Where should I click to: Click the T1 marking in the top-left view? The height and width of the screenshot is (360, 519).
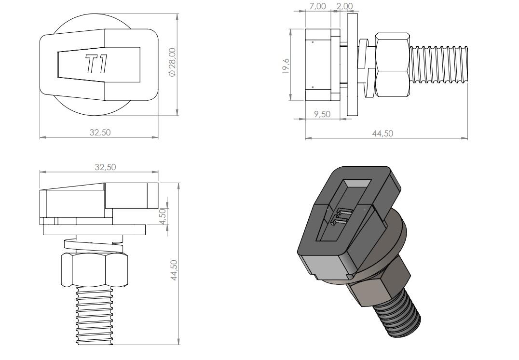point(97,65)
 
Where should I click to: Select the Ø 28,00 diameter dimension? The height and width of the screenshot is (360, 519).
point(173,62)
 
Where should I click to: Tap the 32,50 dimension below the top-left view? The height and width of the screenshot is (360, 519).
point(100,133)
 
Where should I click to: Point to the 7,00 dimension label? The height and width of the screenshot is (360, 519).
point(317,6)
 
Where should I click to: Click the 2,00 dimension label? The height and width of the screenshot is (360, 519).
point(344,6)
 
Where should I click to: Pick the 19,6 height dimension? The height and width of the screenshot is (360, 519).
point(286,66)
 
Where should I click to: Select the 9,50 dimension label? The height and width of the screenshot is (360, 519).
point(322,114)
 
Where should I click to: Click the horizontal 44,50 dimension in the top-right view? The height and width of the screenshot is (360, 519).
point(382,133)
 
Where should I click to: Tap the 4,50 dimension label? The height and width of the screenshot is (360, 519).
point(163,216)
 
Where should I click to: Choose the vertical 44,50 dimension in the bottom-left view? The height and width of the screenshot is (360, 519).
point(174,270)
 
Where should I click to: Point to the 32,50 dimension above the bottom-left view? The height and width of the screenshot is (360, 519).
point(105,167)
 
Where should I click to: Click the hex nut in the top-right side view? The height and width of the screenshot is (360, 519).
point(393,65)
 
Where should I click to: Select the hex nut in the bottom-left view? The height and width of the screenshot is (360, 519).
point(95,270)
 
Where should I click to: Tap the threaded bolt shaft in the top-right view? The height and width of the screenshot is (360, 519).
point(439,65)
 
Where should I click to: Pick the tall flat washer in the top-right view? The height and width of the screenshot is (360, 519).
point(353,65)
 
